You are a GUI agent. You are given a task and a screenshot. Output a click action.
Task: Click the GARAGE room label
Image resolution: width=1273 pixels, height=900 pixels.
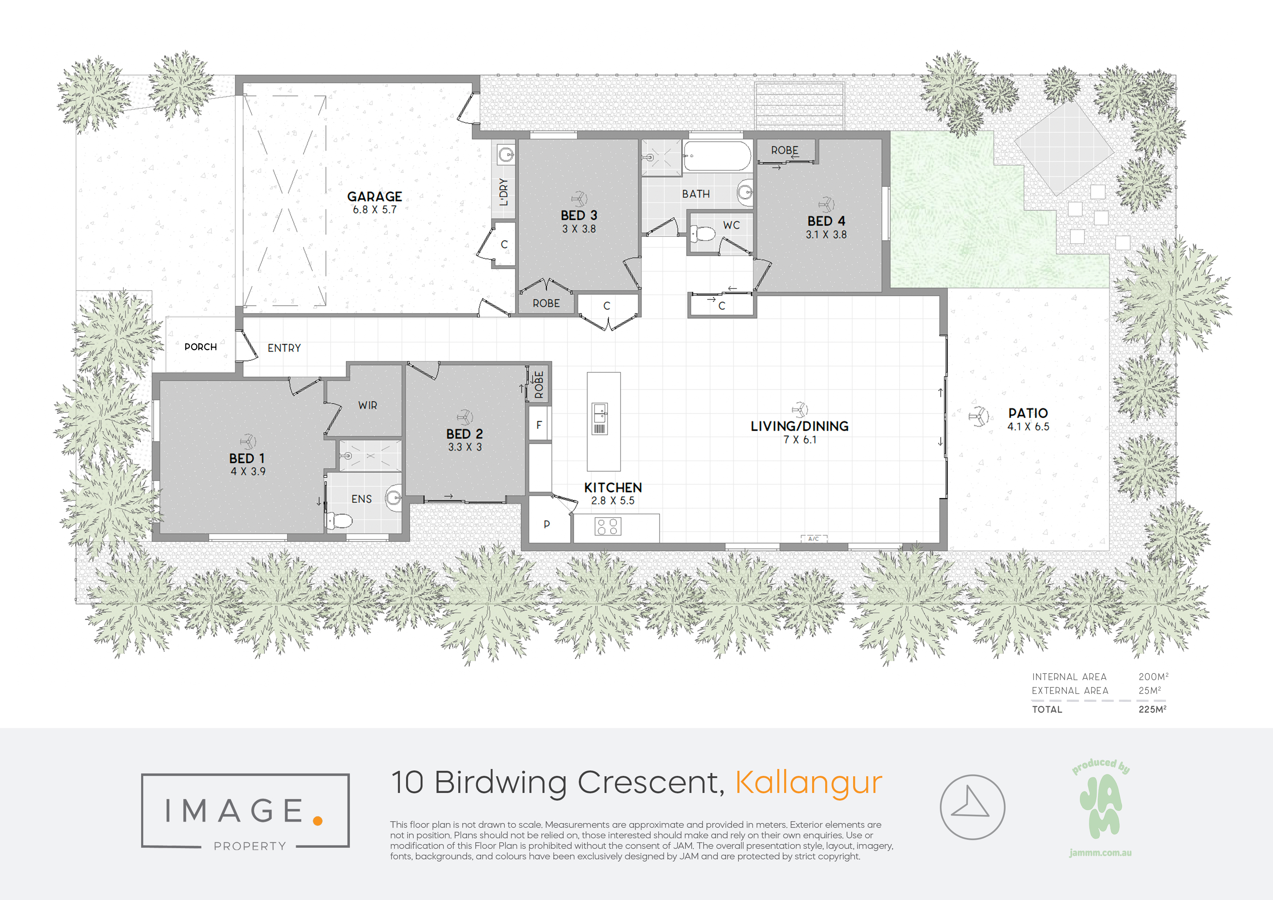[x=375, y=196]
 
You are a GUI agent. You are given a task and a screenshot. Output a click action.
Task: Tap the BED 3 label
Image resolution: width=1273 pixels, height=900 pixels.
[x=579, y=215]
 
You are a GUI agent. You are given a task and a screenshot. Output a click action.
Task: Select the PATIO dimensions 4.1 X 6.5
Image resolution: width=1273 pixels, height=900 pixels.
[x=1028, y=426]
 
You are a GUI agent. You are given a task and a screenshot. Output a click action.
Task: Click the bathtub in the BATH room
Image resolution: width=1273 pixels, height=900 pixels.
[x=717, y=156]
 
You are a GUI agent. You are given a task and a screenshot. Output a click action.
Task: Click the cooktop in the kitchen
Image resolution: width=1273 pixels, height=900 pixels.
[x=608, y=526]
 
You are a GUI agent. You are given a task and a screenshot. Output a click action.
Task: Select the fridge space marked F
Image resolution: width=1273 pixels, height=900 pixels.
[x=539, y=425]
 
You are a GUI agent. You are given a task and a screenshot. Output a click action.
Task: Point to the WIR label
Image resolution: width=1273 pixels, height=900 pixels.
[x=368, y=405]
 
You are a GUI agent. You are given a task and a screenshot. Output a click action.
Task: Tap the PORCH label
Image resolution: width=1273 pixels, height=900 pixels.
[x=201, y=347]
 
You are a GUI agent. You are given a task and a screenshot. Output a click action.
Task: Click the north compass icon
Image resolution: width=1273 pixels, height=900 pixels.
[x=973, y=807]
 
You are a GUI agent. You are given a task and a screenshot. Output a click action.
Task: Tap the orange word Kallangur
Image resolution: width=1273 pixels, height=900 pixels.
[x=809, y=783]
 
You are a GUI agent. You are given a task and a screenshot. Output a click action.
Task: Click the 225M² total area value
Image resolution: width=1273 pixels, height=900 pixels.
[x=1153, y=709]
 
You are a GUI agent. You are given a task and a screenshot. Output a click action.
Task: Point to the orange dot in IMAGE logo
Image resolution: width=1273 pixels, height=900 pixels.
[x=318, y=821]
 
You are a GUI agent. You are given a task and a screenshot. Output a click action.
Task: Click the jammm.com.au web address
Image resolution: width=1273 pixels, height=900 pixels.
[x=1101, y=853]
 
